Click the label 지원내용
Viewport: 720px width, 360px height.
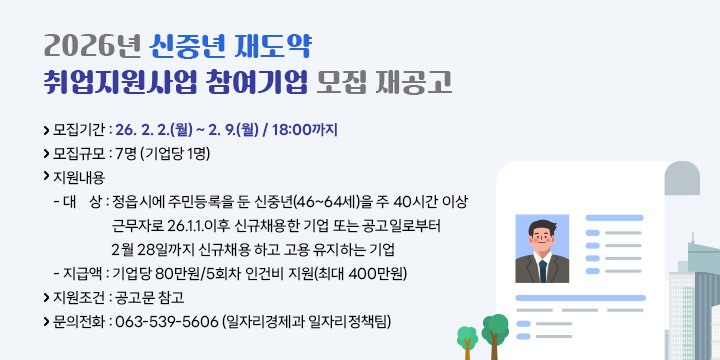point(77,177)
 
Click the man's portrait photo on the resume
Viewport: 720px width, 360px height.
point(541,249)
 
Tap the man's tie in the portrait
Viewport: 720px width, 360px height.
point(542,271)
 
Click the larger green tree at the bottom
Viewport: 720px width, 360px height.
point(494,327)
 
